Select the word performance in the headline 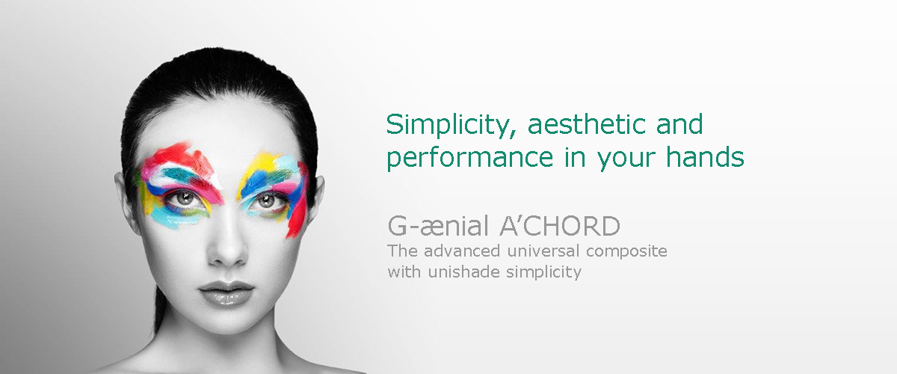coord(469,159)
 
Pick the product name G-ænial coord(438,226)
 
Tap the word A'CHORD coord(560,226)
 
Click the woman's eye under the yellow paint coord(266,200)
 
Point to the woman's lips coord(226,292)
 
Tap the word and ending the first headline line coord(679,124)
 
